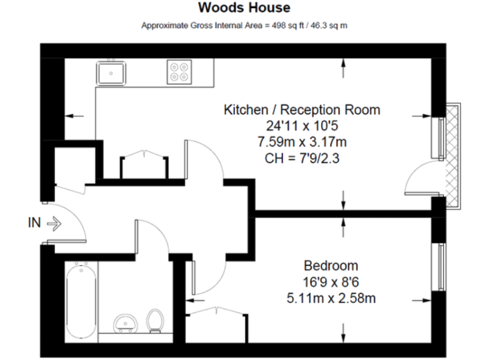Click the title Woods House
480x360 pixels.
point(244,8)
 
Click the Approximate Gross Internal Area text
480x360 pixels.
point(244,26)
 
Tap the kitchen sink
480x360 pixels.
point(111,73)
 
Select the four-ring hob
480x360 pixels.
point(179,72)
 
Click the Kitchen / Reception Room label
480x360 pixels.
point(302,110)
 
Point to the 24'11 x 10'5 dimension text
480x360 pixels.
point(302,126)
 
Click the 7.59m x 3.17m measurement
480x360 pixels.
point(302,142)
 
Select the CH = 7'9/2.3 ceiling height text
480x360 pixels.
point(302,158)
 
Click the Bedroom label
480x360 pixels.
point(331,264)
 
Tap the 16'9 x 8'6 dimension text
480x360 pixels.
point(331,281)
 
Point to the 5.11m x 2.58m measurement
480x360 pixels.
point(331,297)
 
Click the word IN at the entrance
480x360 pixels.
point(36,222)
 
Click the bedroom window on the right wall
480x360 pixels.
point(442,265)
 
